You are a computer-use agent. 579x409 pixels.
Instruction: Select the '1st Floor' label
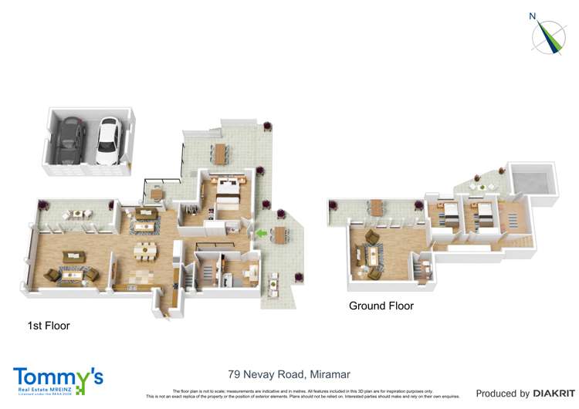tap(49, 326)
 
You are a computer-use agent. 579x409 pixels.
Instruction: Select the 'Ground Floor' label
tap(381, 306)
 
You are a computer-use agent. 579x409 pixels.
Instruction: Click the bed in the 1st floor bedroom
tap(230, 188)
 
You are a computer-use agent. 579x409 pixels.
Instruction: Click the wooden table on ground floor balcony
tap(376, 207)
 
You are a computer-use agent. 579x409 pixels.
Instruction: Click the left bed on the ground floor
tap(448, 212)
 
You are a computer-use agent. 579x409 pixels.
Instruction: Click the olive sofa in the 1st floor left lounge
tap(74, 257)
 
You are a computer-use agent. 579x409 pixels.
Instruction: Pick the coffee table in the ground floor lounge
tap(374, 255)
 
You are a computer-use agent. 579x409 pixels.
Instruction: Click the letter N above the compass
tap(531, 15)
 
